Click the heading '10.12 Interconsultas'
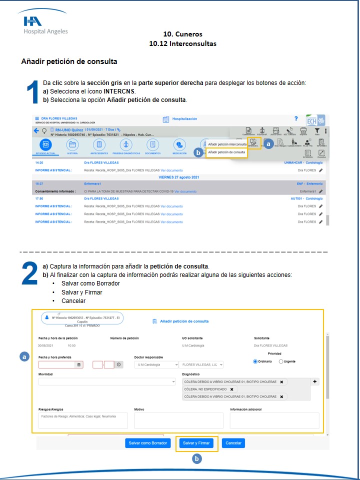pyautogui.click(x=182, y=43)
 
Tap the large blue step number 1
pyautogui.click(x=32, y=93)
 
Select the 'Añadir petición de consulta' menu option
pyautogui.click(x=226, y=152)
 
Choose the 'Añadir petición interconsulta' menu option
pyautogui.click(x=227, y=144)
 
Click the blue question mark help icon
pyautogui.click(x=296, y=118)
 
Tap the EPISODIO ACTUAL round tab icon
pyautogui.click(x=45, y=145)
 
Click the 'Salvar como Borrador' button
pyautogui.click(x=147, y=443)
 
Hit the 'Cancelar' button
pyautogui.click(x=233, y=443)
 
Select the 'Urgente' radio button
pyautogui.click(x=281, y=361)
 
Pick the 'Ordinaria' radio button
pyautogui.click(x=255, y=361)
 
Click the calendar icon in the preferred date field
pyautogui.click(x=78, y=365)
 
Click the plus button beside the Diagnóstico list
pyautogui.click(x=315, y=381)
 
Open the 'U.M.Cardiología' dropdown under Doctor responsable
pyautogui.click(x=156, y=365)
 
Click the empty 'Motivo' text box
pyautogui.click(x=178, y=420)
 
